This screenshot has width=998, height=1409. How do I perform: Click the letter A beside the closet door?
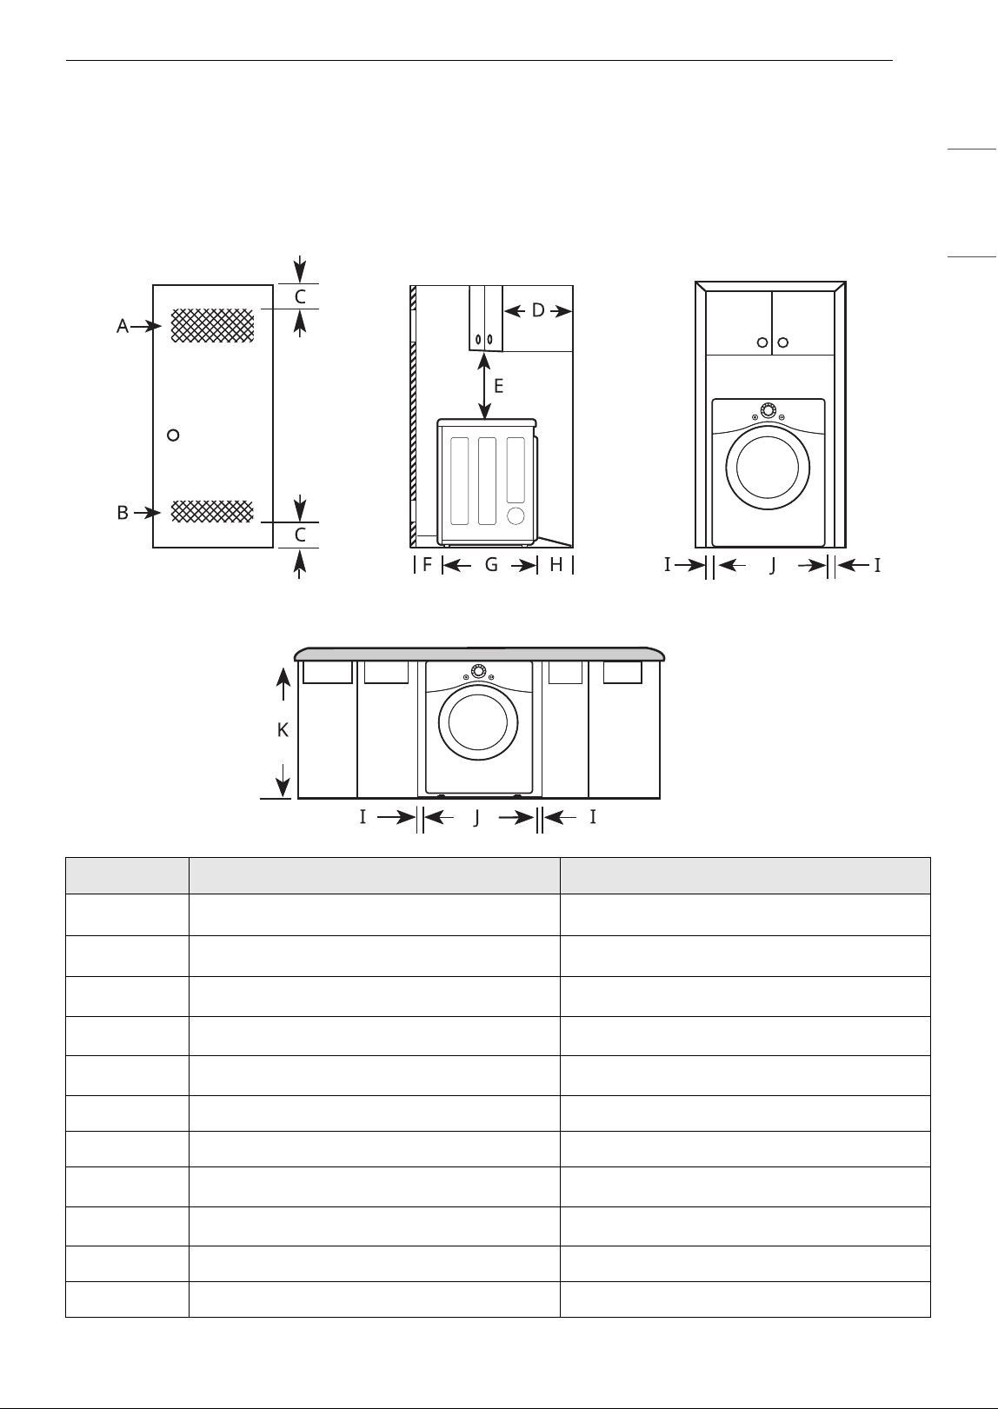click(123, 326)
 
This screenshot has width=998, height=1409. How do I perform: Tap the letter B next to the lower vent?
click(123, 513)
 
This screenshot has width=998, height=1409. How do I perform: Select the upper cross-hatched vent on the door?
click(213, 325)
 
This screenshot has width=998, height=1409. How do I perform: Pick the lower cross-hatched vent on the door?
click(213, 511)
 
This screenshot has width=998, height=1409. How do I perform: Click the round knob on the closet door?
click(173, 435)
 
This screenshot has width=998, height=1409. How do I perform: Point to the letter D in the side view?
click(538, 310)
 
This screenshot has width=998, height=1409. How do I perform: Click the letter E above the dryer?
click(498, 386)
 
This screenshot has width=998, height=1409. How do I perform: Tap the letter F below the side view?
click(427, 565)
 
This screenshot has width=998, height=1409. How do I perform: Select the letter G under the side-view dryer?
click(491, 565)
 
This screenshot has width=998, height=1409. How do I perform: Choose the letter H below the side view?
click(556, 565)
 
